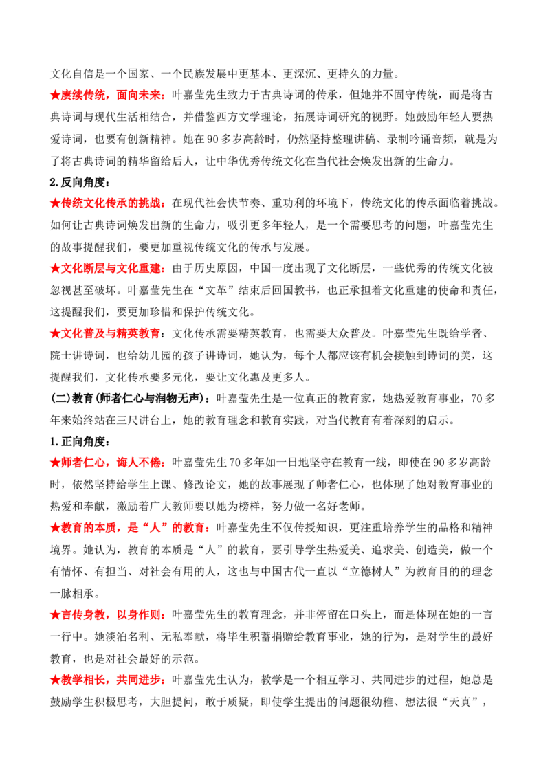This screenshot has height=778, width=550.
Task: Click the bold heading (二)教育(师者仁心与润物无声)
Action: (128, 399)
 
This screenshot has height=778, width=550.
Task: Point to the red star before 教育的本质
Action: (55, 528)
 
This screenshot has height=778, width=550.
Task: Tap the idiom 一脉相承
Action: (72, 593)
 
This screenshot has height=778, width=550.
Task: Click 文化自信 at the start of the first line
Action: (72, 74)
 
